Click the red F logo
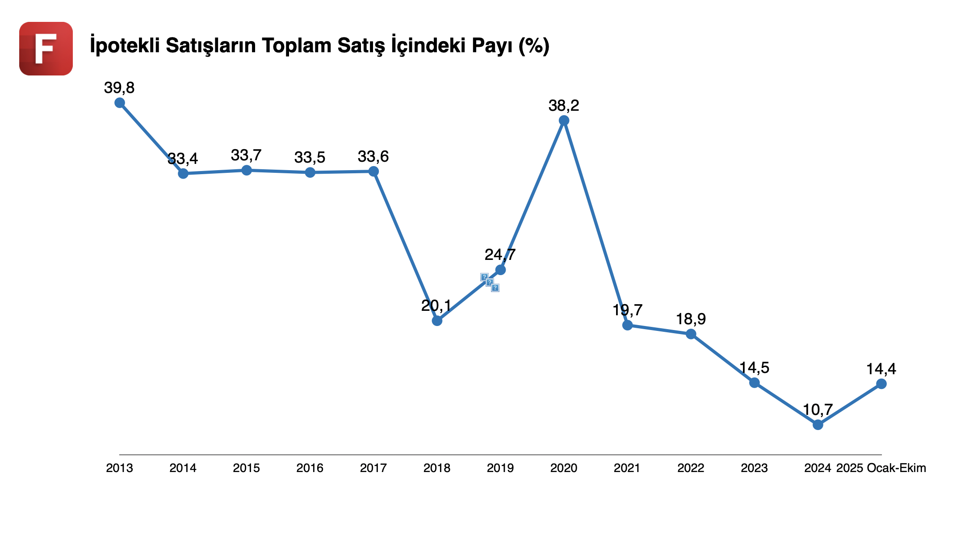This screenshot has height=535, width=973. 46,48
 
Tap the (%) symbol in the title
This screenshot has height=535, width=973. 534,46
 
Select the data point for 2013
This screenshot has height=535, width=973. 120,103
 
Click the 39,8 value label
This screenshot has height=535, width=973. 119,88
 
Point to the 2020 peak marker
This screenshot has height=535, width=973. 564,121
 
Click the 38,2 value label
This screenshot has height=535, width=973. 564,106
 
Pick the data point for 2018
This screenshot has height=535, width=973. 437,321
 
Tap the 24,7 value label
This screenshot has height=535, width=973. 500,255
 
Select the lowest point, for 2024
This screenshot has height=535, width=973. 818,425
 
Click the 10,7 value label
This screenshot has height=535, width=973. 818,410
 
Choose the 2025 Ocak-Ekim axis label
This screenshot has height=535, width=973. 881,468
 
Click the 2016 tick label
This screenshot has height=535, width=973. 310,468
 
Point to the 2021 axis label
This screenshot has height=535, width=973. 627,468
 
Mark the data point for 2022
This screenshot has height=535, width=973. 691,334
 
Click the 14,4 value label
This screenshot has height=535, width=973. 881,369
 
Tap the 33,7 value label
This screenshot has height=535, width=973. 246,155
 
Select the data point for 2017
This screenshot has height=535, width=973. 373,171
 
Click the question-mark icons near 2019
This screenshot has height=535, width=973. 490,282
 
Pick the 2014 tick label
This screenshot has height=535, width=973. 183,468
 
